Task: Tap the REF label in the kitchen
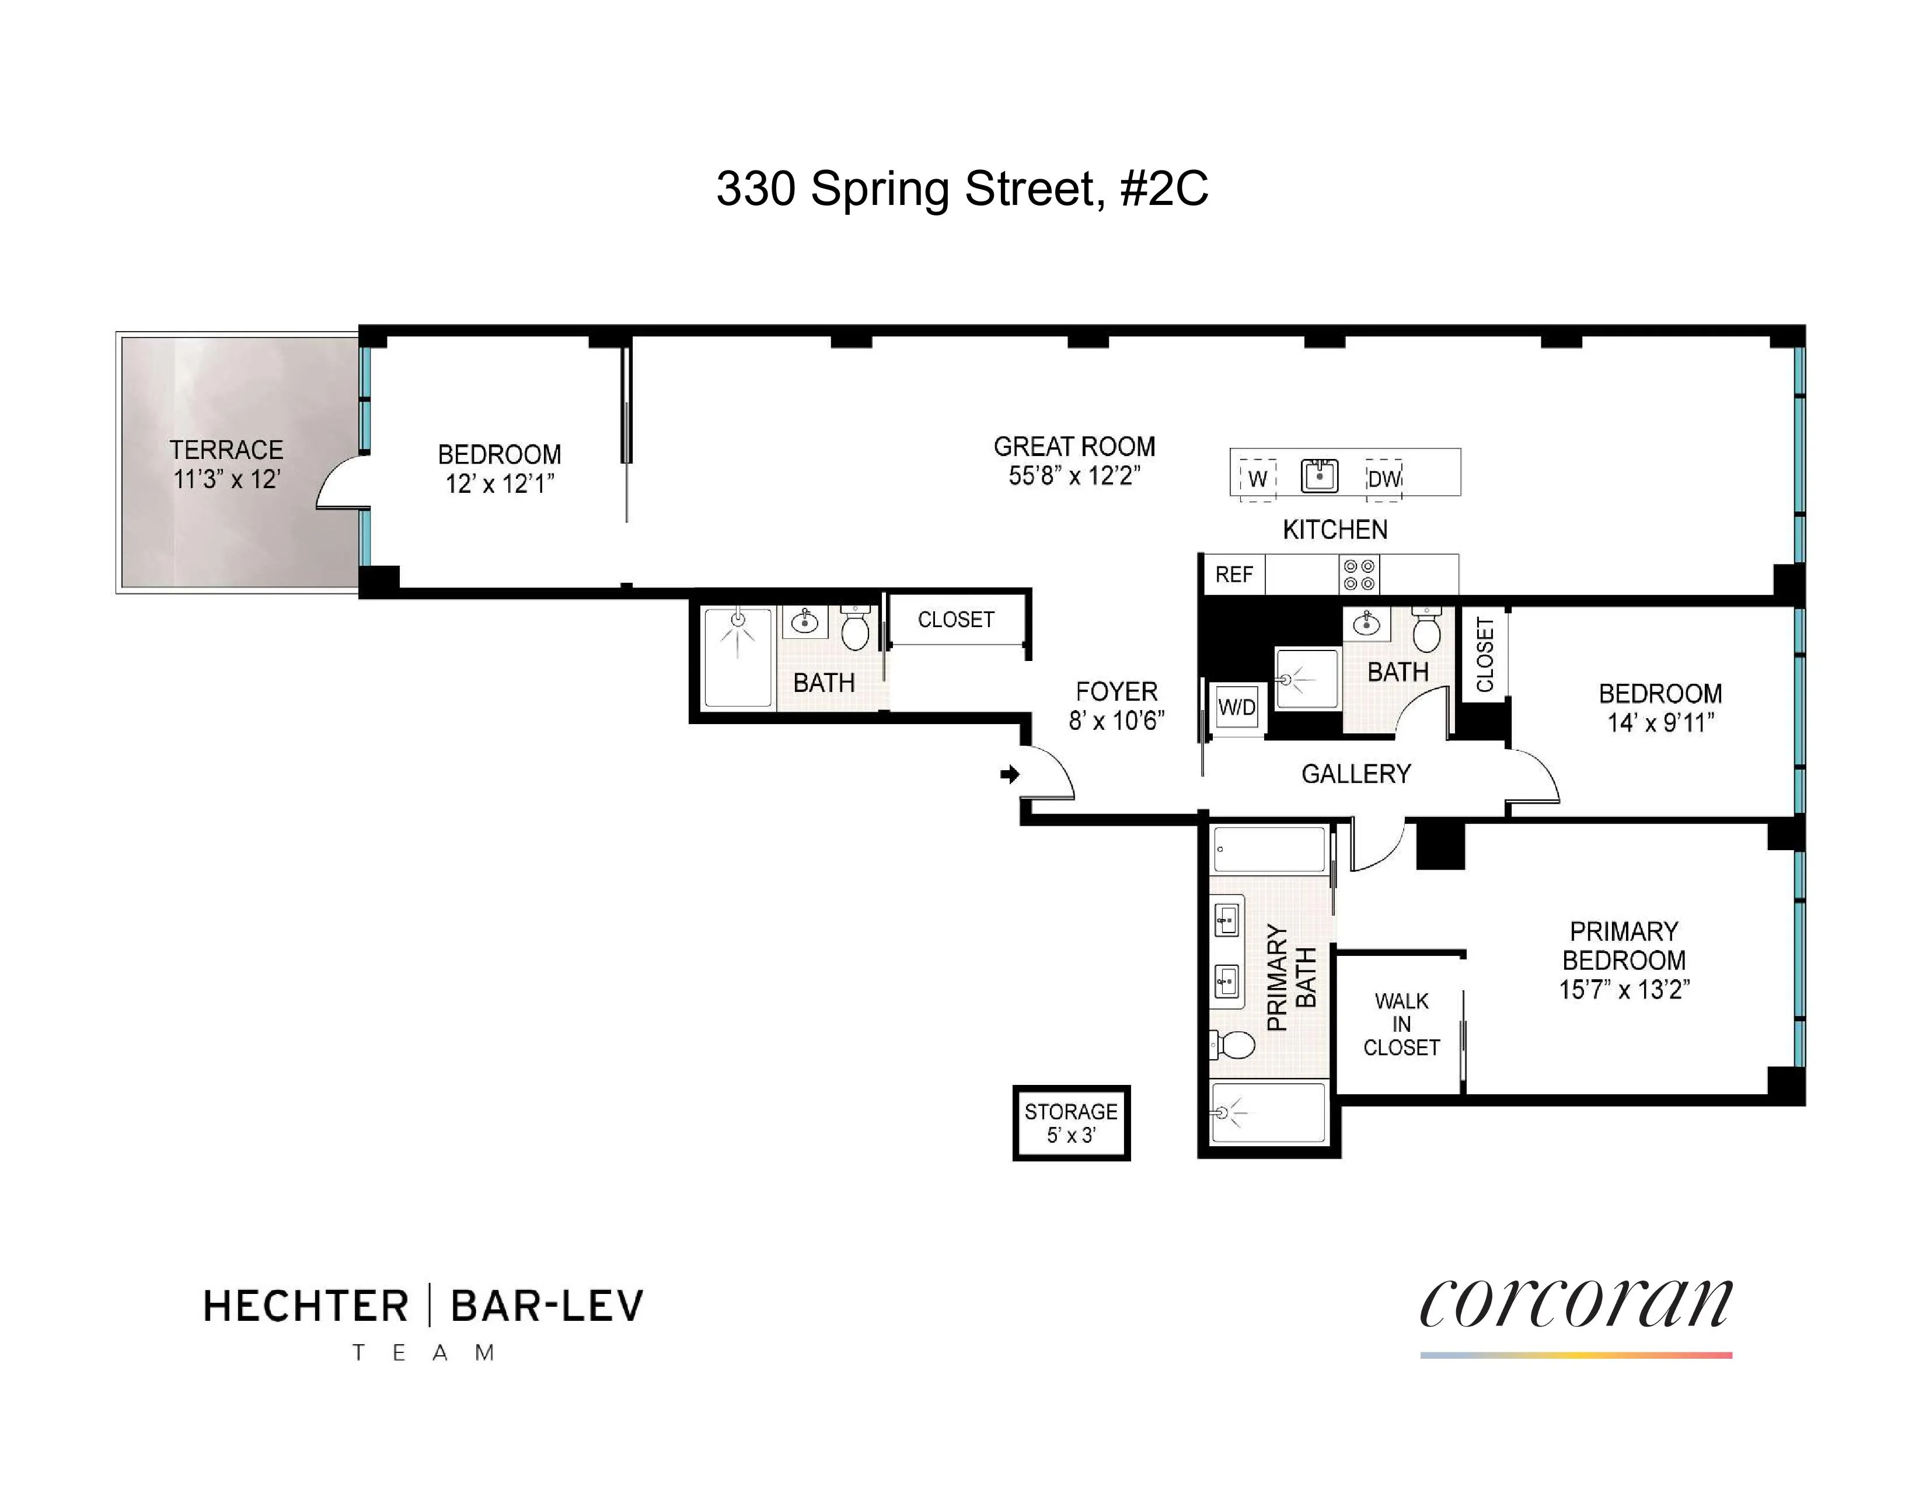tap(1234, 575)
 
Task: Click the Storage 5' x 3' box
tap(1070, 1122)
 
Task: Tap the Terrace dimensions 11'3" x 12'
tap(226, 480)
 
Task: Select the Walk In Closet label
tap(1401, 1024)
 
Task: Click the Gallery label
tap(1355, 774)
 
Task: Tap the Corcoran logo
tap(1575, 1304)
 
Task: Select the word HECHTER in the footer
tap(306, 1306)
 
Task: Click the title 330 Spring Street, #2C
tap(962, 189)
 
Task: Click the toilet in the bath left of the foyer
tap(854, 628)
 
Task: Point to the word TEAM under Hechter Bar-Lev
tap(423, 1353)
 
